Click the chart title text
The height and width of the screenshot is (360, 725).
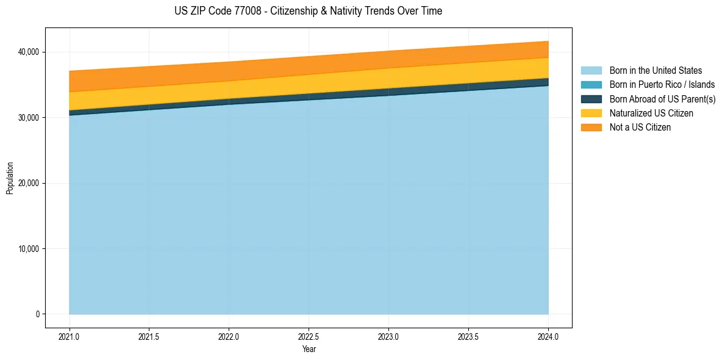308,11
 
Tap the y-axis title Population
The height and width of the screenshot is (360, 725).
10,178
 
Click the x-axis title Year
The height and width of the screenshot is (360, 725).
309,349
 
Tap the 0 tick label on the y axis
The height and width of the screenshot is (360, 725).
37,314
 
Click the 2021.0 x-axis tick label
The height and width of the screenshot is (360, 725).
70,336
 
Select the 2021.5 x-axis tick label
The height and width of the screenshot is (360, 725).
149,336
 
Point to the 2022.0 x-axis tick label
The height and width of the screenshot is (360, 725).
229,336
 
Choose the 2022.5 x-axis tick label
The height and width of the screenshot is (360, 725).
309,336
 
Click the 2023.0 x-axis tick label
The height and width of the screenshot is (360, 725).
388,336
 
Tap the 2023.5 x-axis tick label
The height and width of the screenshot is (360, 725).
468,336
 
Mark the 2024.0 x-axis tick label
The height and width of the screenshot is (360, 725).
548,336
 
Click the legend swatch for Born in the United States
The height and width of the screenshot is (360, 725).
591,71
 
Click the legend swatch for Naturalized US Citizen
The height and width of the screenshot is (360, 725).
591,113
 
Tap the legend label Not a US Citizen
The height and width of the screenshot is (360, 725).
640,127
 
